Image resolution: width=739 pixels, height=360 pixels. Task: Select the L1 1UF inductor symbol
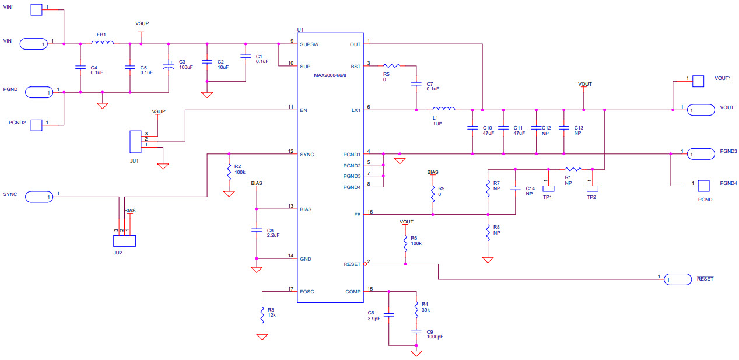point(443,108)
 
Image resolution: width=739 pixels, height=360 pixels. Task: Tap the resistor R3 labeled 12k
point(262,315)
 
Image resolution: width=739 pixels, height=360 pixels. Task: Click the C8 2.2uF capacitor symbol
point(256,230)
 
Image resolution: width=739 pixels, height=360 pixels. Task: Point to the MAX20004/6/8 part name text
point(330,76)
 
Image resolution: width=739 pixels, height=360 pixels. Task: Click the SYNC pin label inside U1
point(307,155)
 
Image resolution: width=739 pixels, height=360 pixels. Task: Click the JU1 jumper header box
point(135,141)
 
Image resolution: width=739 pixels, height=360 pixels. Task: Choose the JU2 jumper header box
point(124,240)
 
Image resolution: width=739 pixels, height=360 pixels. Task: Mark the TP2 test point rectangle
point(592,188)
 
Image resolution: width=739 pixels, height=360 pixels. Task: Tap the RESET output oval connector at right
point(677,281)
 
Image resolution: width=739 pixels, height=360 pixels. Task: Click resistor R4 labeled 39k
point(416,307)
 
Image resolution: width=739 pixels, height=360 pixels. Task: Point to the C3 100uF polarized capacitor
point(169,67)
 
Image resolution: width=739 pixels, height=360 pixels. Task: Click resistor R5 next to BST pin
point(391,66)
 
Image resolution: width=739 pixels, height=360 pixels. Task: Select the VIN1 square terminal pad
point(36,9)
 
